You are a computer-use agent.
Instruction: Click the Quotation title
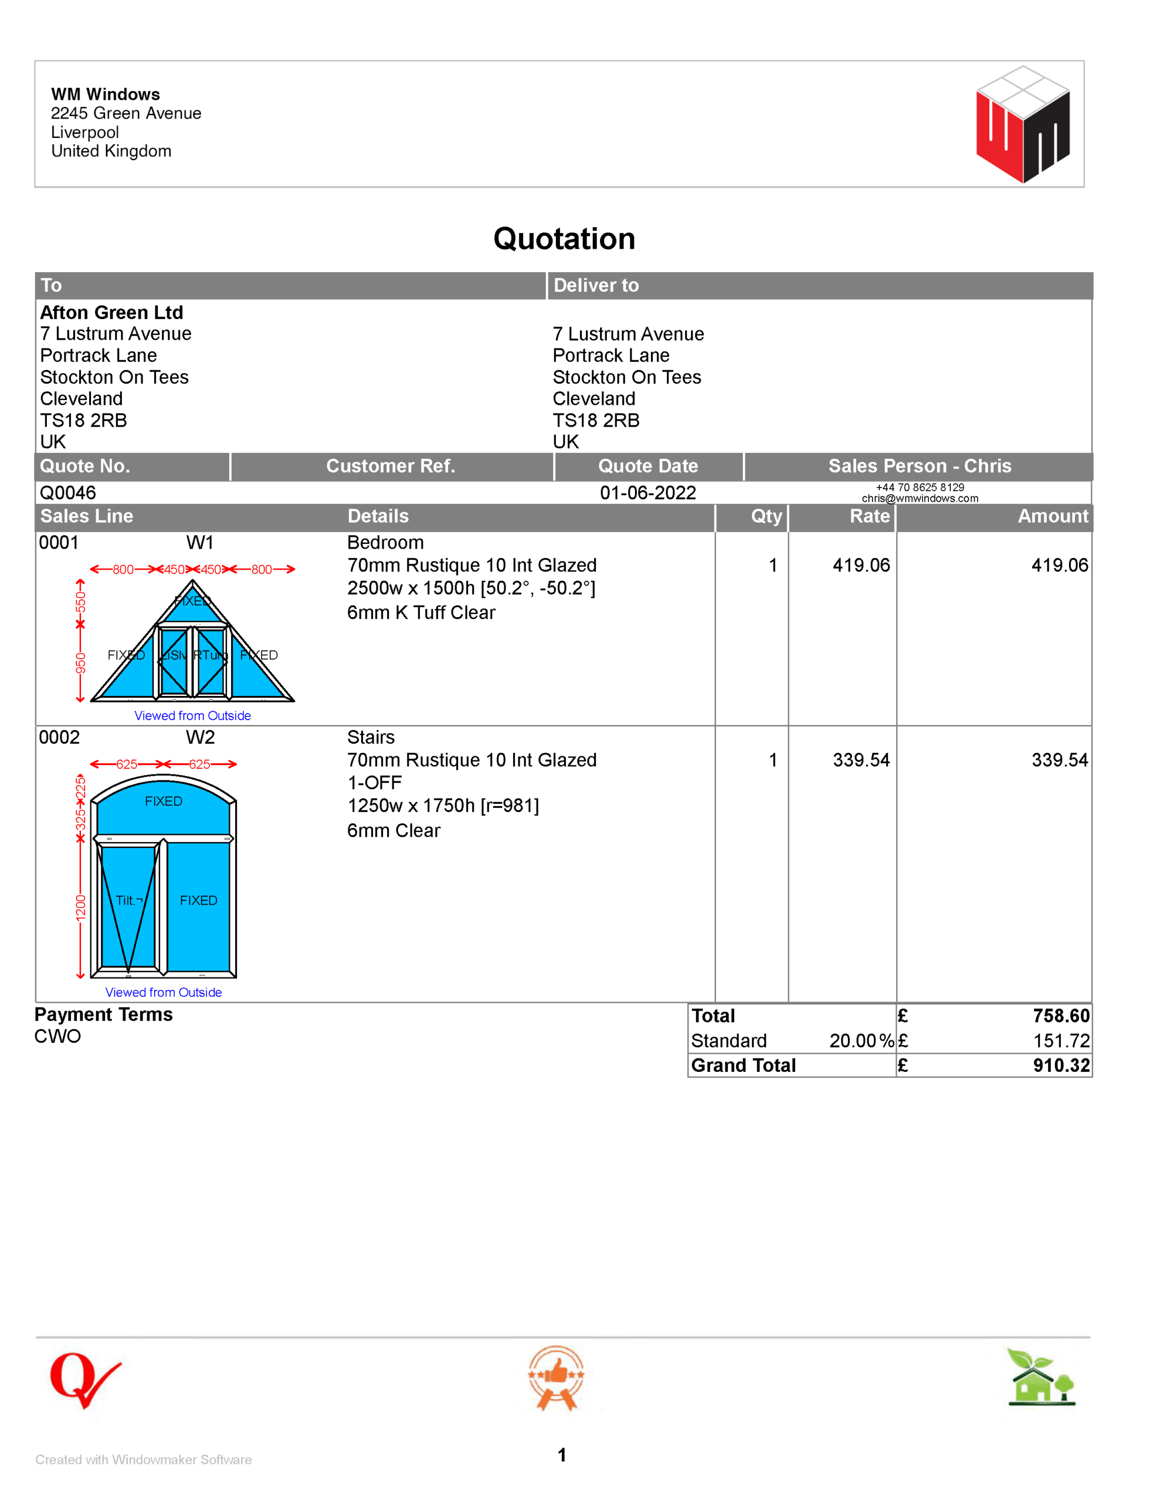tap(564, 239)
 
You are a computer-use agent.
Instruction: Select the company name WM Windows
tap(105, 94)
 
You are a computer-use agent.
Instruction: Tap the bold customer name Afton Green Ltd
tap(111, 312)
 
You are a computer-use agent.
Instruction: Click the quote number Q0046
tap(67, 492)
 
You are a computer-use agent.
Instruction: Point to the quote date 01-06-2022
tap(647, 492)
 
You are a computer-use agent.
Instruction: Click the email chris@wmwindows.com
tap(920, 499)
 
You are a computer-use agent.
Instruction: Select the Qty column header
tap(766, 516)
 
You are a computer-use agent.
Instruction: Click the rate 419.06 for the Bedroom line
tap(860, 566)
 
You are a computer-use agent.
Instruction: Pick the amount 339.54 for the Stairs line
tap(1059, 760)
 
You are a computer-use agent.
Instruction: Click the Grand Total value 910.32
tap(1061, 1065)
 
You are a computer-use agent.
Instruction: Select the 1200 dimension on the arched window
tap(80, 907)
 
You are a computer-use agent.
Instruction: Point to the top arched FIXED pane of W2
tap(164, 802)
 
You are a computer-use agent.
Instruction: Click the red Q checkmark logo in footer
tap(84, 1379)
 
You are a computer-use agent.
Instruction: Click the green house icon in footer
tap(1040, 1378)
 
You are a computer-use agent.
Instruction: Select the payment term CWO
tap(57, 1036)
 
